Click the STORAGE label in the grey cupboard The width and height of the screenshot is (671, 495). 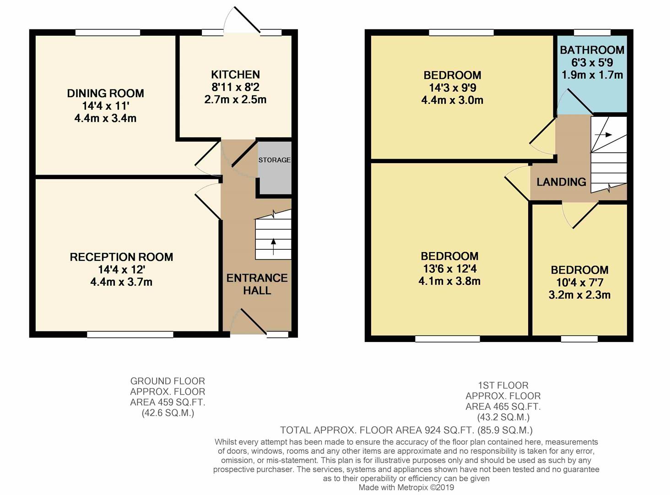(274, 160)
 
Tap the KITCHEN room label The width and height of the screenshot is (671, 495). (235, 75)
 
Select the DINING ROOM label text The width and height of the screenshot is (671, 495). (105, 93)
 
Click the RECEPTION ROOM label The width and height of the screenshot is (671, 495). (121, 257)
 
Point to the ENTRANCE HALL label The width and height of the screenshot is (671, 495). (257, 284)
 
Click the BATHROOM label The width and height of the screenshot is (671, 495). (592, 50)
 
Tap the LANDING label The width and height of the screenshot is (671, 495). (561, 182)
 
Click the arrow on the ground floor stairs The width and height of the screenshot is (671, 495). (274, 246)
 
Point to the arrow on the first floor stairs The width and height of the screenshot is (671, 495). (608, 135)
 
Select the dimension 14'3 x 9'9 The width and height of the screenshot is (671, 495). (452, 88)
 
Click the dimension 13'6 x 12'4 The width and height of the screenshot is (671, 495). (449, 269)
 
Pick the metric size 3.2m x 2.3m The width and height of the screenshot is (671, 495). (579, 295)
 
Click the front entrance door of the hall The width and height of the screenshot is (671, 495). (249, 321)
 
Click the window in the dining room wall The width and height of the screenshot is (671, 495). (108, 32)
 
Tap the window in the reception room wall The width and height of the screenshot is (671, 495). (130, 335)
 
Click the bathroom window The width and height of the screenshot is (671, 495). (592, 32)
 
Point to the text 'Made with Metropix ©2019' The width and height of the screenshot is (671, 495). (406, 487)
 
